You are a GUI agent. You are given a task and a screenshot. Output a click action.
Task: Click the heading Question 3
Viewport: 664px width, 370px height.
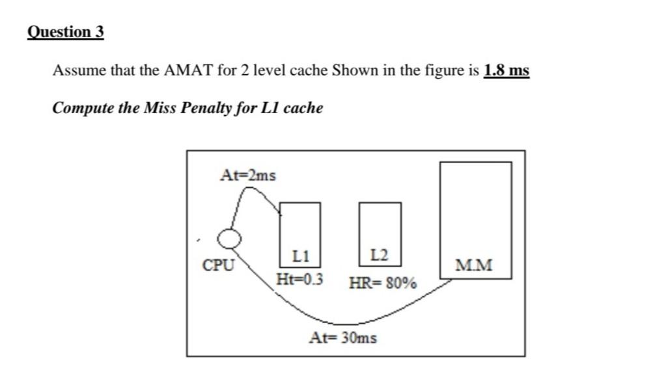(66, 32)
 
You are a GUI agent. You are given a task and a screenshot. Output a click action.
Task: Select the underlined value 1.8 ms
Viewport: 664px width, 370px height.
(506, 70)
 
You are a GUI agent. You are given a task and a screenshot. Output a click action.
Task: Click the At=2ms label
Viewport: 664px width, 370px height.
(247, 175)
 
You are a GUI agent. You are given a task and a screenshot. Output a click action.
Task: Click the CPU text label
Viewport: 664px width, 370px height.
(218, 265)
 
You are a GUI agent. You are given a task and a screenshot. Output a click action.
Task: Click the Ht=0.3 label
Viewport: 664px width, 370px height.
(300, 280)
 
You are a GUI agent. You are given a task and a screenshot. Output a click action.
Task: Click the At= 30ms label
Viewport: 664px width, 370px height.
(343, 337)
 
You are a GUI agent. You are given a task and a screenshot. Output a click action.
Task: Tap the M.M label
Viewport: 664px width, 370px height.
(474, 265)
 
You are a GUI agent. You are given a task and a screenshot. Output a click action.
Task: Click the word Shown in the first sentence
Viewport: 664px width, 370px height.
(354, 70)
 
